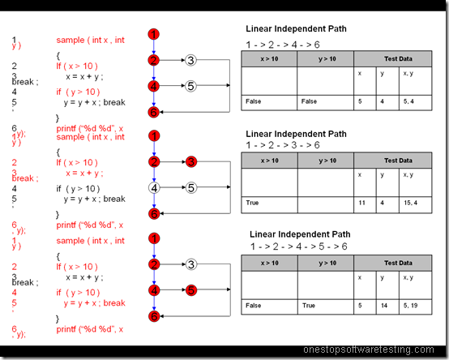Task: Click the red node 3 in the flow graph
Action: (190, 162)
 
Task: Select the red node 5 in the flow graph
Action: (190, 289)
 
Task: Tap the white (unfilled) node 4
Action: (153, 188)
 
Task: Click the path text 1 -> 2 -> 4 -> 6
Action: (284, 44)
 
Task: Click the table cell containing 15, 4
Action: (412, 203)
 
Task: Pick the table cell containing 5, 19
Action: (412, 306)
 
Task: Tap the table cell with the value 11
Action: (361, 203)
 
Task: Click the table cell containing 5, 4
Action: (412, 101)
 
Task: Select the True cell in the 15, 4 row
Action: (269, 203)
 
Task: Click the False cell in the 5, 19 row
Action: (269, 306)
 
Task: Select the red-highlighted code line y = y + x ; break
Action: (91, 303)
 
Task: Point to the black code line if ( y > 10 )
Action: (79, 188)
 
